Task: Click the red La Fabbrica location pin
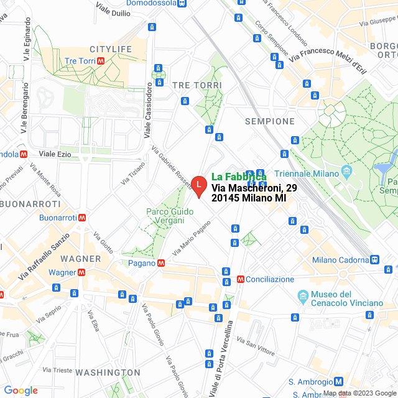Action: click(198, 185)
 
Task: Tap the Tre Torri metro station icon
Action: click(109, 61)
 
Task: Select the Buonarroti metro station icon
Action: click(82, 218)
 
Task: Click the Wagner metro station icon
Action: click(81, 272)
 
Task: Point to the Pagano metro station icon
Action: click(161, 263)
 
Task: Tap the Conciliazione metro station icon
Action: click(240, 279)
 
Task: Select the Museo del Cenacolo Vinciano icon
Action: click(302, 295)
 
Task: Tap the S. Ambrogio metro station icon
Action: click(338, 382)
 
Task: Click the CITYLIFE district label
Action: click(111, 49)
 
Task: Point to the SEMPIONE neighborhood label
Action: click(270, 121)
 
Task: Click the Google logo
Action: click(21, 390)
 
